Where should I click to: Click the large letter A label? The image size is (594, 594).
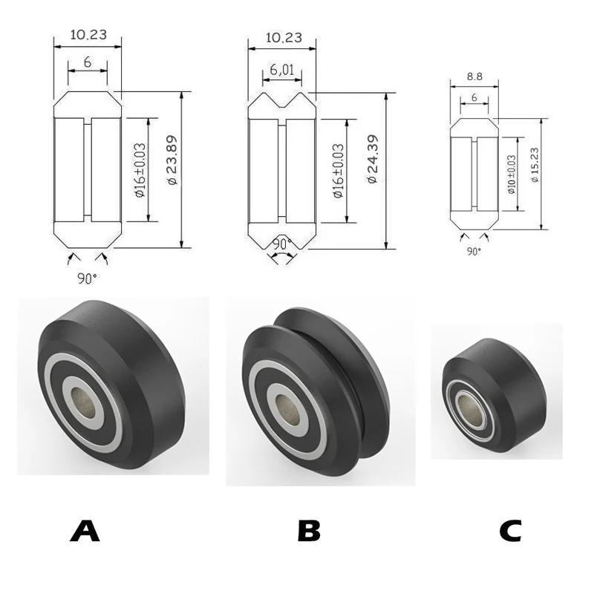click(x=85, y=531)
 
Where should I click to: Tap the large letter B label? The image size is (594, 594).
click(x=309, y=531)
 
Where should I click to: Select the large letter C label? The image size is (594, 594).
click(x=510, y=531)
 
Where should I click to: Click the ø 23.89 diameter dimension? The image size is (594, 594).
click(x=172, y=160)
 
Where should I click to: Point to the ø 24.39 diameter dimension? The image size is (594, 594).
click(x=373, y=159)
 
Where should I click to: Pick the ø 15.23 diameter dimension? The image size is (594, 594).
click(x=535, y=165)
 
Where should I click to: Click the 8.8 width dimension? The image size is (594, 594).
click(x=474, y=77)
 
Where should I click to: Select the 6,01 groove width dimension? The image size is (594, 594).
click(x=282, y=70)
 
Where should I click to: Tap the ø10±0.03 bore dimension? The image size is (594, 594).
click(x=512, y=174)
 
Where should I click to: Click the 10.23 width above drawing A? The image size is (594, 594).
click(x=88, y=35)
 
